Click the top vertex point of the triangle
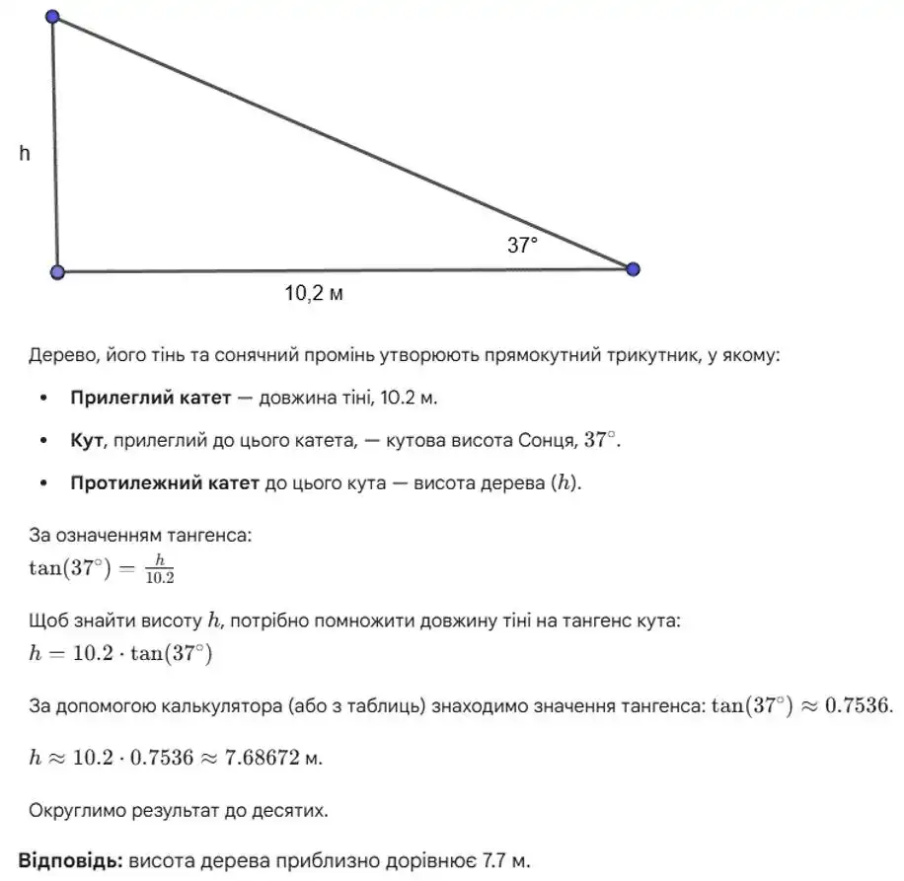pyautogui.click(x=52, y=17)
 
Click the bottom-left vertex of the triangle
pyautogui.click(x=57, y=271)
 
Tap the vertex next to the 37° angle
pyautogui.click(x=633, y=268)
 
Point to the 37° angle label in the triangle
pyautogui.click(x=523, y=246)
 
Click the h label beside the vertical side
pyautogui.click(x=25, y=153)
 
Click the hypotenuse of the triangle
pyautogui.click(x=345, y=143)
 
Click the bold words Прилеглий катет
pyautogui.click(x=148, y=399)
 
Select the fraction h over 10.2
pyautogui.click(x=159, y=570)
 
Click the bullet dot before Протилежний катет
pyautogui.click(x=42, y=485)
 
